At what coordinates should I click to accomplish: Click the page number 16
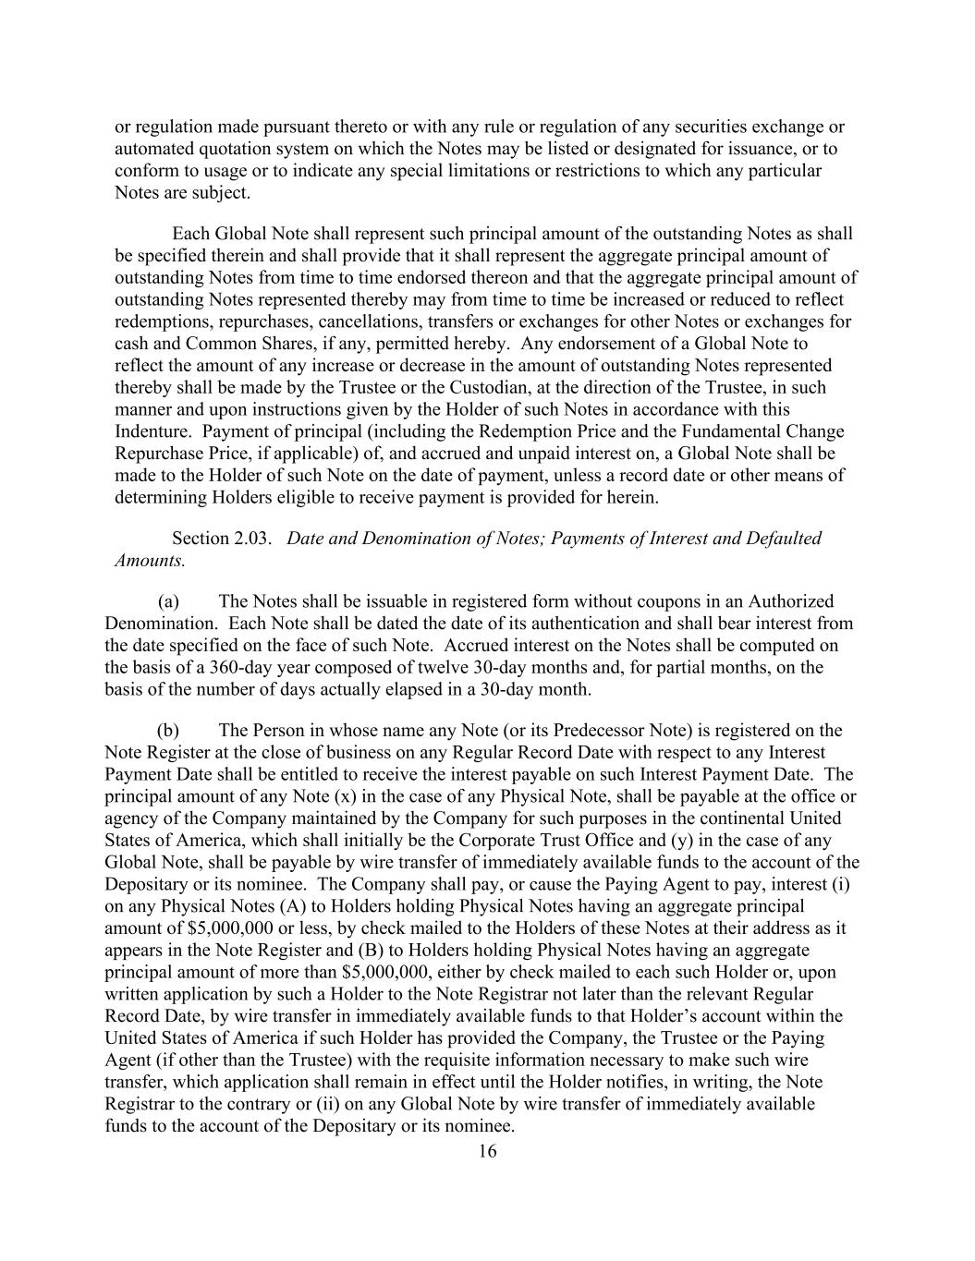pos(487,1151)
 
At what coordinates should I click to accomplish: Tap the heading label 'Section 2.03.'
pos(222,539)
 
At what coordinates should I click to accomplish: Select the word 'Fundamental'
pos(719,431)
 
